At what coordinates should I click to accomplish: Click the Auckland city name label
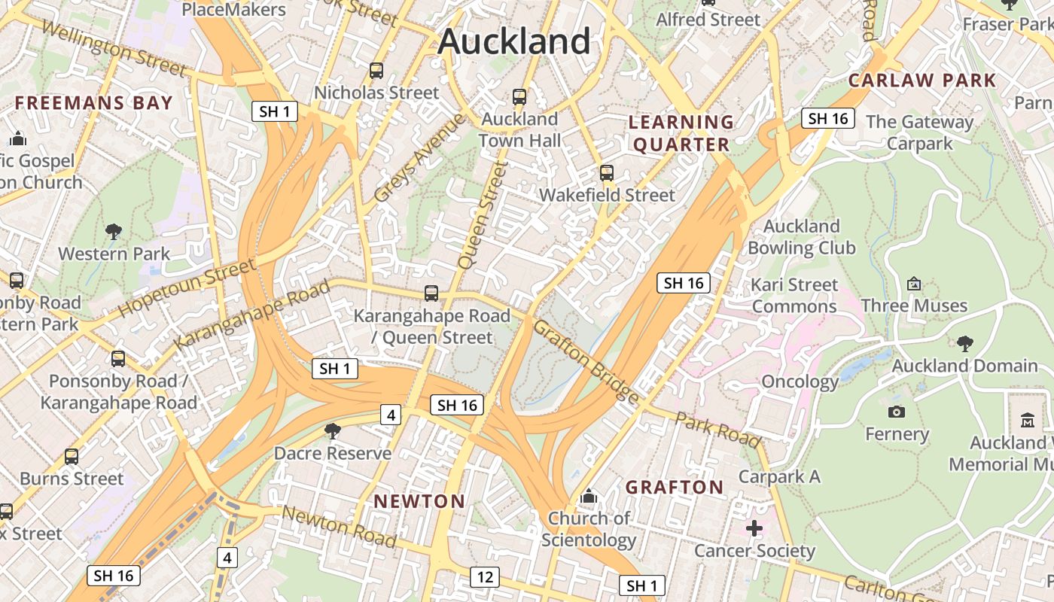tap(514, 41)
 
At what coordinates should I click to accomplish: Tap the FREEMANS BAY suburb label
tap(94, 103)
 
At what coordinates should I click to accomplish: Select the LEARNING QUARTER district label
tap(681, 133)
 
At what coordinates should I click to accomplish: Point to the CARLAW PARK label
tap(922, 81)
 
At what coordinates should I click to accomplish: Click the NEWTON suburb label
tap(419, 501)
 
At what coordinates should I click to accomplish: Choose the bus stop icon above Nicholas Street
tap(376, 71)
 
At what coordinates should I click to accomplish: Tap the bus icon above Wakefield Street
tap(607, 173)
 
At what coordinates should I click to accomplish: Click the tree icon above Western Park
tap(114, 231)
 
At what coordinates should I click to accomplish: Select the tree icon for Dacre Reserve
tap(332, 431)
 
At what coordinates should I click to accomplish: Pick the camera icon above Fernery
tap(896, 412)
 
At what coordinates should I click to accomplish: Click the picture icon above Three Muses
tap(914, 284)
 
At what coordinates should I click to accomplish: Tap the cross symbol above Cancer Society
tap(754, 528)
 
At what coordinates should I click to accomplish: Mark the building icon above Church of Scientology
tap(589, 497)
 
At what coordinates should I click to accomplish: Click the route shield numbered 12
tap(485, 577)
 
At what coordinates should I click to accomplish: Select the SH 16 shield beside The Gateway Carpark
tap(827, 118)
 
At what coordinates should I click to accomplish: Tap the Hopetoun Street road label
tap(187, 288)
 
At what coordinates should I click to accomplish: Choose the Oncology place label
tap(800, 382)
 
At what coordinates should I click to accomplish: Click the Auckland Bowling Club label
tap(802, 237)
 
